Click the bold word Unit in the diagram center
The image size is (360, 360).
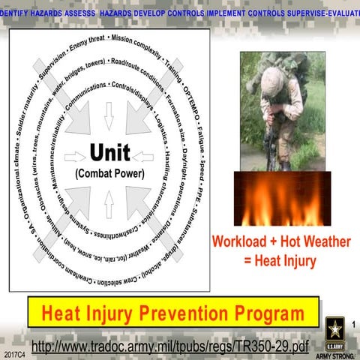(109, 153)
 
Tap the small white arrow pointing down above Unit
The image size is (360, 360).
(109, 115)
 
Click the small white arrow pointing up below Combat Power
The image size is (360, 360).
(109, 203)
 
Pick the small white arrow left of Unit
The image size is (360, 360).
(75, 157)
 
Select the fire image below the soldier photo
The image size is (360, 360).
(282, 198)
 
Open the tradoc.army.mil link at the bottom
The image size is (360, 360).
(170, 346)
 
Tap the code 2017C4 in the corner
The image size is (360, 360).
(13, 352)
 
